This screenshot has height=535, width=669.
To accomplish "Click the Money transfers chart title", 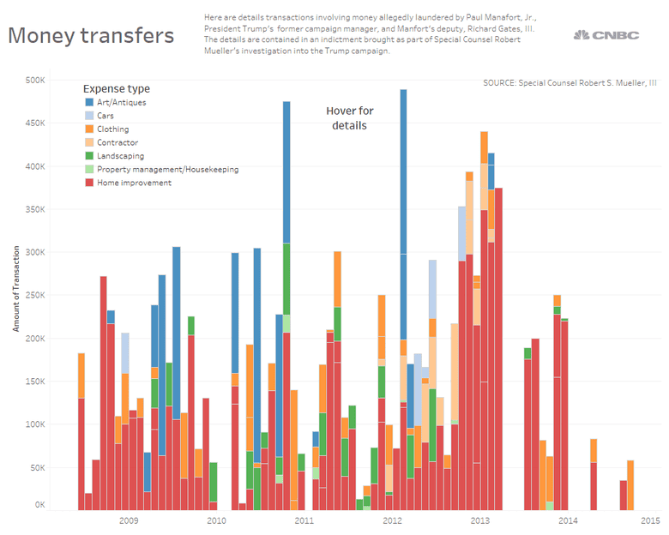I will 90,36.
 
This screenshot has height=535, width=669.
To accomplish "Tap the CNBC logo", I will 606,34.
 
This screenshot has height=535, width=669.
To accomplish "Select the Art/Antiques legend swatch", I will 90,102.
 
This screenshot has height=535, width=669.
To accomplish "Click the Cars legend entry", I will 106,116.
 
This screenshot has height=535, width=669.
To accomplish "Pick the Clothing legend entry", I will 113,129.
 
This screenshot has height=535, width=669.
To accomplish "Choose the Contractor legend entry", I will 118,142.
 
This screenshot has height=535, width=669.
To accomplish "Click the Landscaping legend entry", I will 120,156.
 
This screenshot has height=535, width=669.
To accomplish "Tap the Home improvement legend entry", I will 134,183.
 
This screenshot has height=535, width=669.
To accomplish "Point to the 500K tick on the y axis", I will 35,81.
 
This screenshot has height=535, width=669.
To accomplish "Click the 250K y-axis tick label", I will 35,295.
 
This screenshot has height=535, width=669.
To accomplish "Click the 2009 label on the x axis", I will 129,520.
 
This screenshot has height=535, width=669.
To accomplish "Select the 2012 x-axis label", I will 392,520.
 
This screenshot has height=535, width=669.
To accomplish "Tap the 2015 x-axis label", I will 649,520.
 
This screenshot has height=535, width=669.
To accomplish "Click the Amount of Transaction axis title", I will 15,287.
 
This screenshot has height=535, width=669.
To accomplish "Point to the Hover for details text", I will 350,118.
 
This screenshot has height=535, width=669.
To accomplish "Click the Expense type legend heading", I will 117,88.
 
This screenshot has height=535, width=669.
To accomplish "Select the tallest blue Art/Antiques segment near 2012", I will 403,171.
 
